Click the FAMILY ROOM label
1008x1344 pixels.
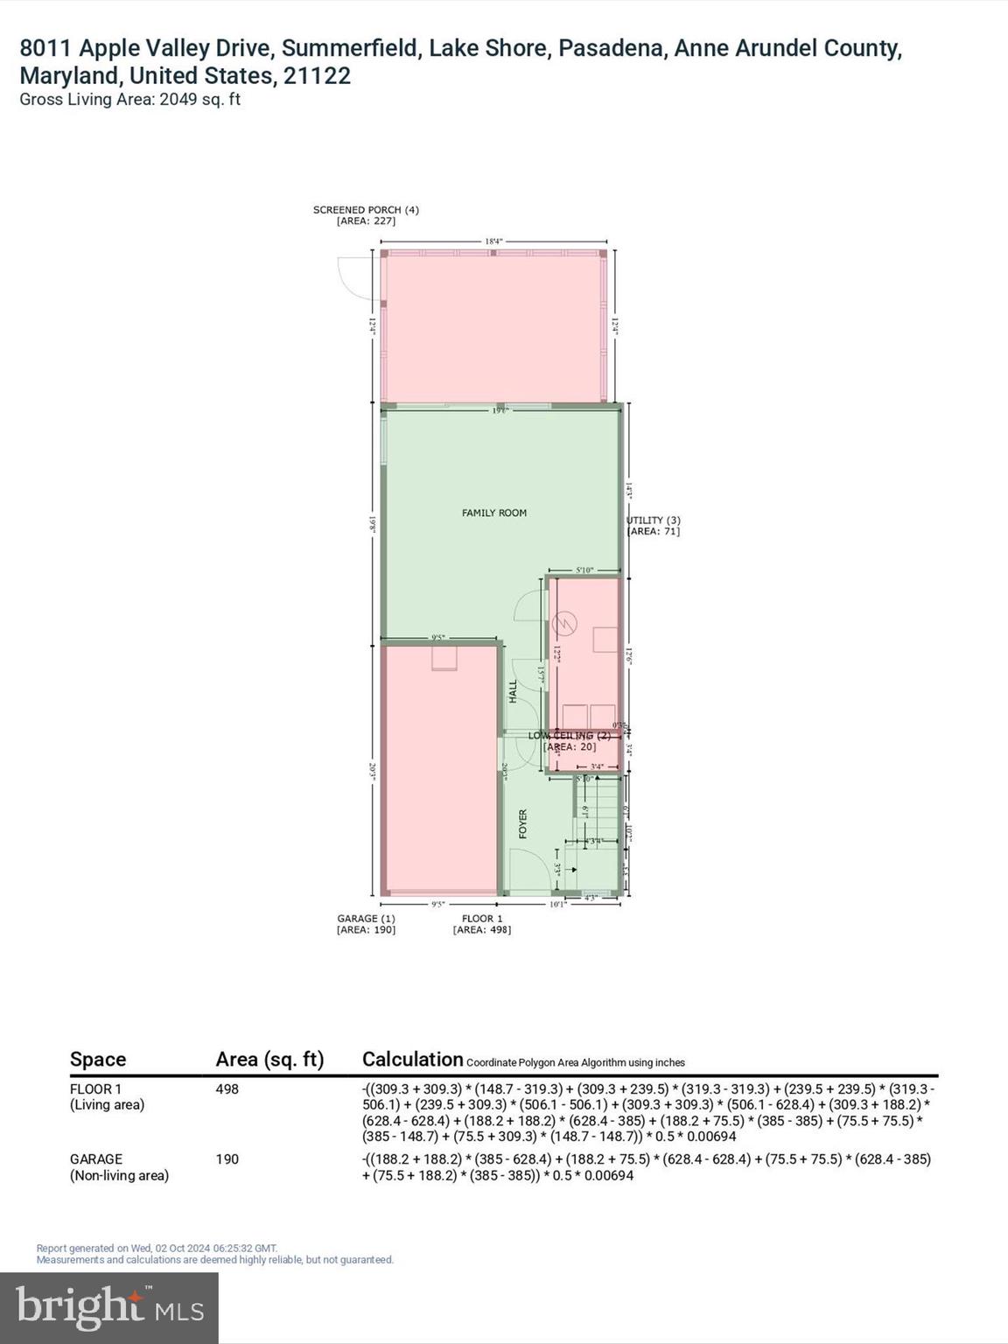click(494, 513)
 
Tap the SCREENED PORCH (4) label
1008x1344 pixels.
click(366, 210)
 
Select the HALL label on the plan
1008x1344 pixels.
click(514, 691)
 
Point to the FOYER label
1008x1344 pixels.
click(523, 823)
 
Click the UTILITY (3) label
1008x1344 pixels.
click(653, 521)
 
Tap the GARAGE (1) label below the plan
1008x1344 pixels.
click(366, 918)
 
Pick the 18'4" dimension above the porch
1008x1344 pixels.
click(494, 241)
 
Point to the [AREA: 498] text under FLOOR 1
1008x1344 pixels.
click(481, 929)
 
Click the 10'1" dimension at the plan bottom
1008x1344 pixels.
click(556, 904)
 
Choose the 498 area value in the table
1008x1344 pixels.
click(227, 1089)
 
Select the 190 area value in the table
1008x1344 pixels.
click(227, 1159)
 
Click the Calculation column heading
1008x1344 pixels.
click(412, 1060)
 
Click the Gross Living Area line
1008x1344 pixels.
click(129, 100)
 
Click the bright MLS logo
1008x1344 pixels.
click(109, 1308)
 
